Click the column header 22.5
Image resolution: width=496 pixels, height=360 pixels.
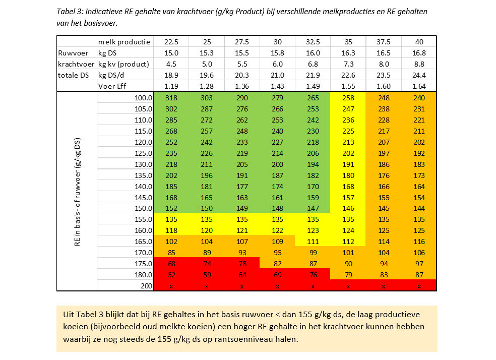click(x=171, y=42)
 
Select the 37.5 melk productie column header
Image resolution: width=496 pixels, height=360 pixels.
click(x=384, y=42)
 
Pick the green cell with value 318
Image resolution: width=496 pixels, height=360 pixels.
click(x=171, y=97)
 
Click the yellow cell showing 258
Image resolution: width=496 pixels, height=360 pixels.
click(x=348, y=97)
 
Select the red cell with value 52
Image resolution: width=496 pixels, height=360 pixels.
click(x=171, y=275)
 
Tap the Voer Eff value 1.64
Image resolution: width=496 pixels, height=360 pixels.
click(x=419, y=86)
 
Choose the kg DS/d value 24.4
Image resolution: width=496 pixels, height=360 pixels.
click(x=419, y=75)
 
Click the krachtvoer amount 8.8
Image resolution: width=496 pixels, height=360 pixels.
click(x=419, y=64)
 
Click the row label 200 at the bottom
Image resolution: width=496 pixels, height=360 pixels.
click(x=145, y=286)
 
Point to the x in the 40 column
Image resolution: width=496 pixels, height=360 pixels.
click(x=419, y=286)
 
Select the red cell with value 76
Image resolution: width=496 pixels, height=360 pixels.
click(x=313, y=275)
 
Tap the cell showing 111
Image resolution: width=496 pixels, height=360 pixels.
click(x=313, y=242)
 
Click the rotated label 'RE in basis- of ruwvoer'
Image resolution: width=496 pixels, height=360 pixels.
click(x=78, y=192)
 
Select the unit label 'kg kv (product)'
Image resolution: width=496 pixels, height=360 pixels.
click(x=123, y=64)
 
